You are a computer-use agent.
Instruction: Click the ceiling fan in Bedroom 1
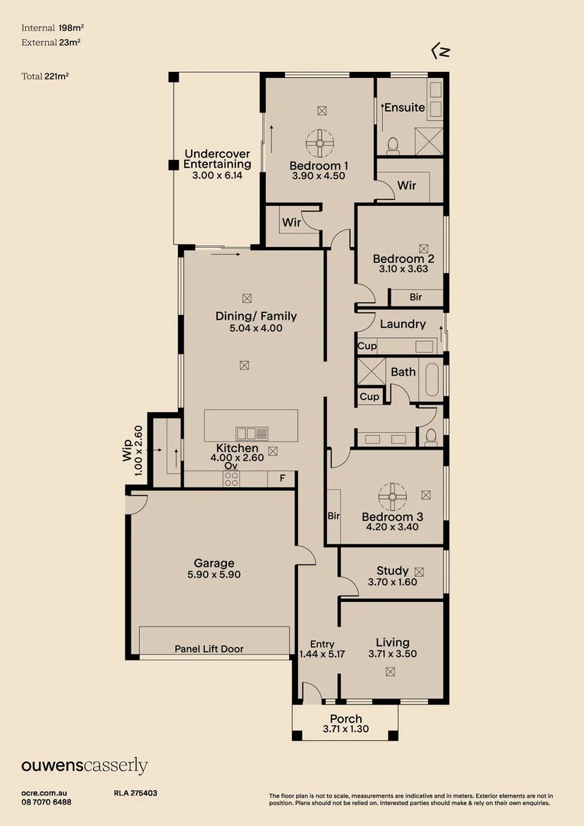click(x=320, y=142)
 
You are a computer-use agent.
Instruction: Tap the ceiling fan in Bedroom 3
click(x=392, y=496)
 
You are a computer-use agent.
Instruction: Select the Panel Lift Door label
click(x=209, y=649)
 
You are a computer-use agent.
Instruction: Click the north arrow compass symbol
click(x=440, y=51)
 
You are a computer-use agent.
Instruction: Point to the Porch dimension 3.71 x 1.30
click(x=346, y=729)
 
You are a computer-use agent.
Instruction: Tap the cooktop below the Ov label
click(x=231, y=480)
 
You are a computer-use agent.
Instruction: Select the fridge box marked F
click(x=282, y=479)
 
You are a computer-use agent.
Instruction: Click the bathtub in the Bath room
click(x=432, y=380)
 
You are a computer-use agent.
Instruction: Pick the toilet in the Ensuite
click(x=394, y=144)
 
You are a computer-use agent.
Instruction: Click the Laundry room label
click(x=402, y=324)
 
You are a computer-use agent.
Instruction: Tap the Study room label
click(x=392, y=571)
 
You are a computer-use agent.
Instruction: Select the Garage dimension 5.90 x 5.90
click(x=214, y=574)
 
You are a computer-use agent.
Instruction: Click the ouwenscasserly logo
click(x=84, y=766)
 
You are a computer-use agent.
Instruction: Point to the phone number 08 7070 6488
click(x=47, y=802)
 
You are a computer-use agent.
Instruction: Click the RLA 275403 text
click(x=135, y=794)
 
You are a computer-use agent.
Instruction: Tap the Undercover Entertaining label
click(x=218, y=159)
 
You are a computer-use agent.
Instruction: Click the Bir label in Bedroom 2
click(x=416, y=297)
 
